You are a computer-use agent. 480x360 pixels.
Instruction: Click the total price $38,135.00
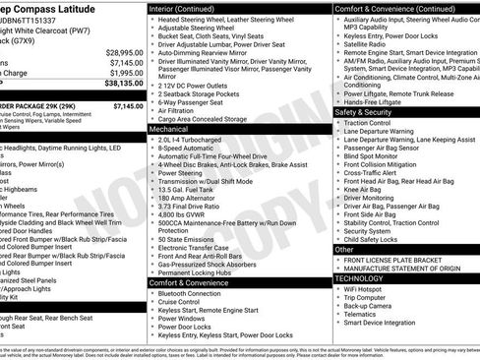(x=118, y=85)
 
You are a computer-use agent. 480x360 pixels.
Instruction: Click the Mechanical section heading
(x=168, y=128)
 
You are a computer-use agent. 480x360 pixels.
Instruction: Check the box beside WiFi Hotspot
(x=337, y=290)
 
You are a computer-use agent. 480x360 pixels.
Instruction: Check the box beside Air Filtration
(x=152, y=111)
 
